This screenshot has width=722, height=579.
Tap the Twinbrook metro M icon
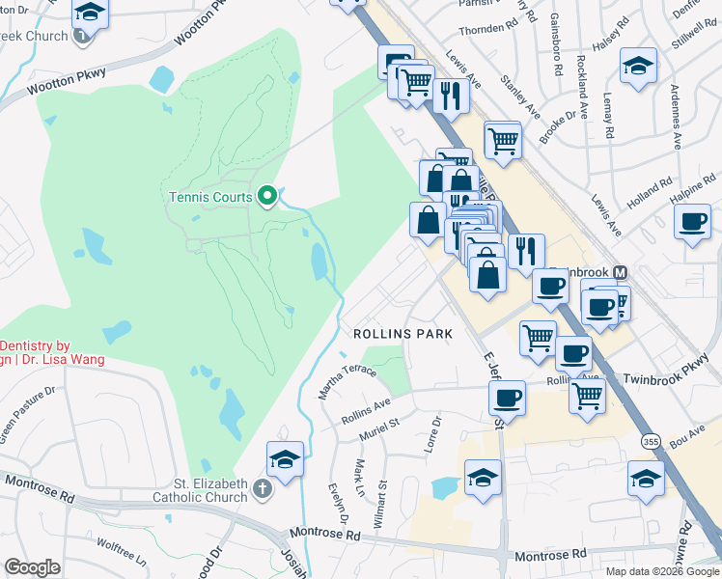620,273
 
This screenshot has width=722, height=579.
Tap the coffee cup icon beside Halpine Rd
693,222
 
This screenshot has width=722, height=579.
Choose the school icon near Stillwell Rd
638,67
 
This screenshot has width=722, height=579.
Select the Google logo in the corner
32,567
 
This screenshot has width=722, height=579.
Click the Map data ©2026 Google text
661,571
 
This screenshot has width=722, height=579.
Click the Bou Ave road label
688,435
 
